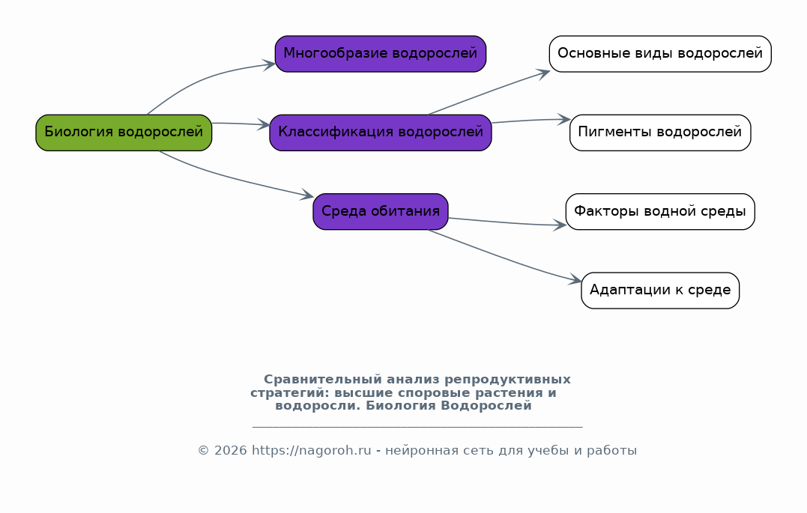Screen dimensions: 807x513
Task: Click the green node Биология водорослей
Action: click(124, 133)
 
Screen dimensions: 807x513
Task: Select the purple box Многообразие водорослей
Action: click(381, 54)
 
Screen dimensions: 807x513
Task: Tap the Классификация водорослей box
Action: click(381, 133)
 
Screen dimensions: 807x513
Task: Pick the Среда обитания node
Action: click(381, 211)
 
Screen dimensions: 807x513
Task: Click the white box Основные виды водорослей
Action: click(660, 54)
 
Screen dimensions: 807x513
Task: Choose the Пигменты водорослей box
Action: click(660, 133)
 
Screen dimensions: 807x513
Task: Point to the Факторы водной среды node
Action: click(660, 211)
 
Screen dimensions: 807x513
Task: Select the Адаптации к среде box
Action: click(660, 291)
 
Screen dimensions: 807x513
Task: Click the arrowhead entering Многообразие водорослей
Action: click(270, 64)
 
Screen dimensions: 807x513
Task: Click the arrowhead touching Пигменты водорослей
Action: click(564, 120)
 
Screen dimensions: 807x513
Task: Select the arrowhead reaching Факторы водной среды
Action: click(560, 225)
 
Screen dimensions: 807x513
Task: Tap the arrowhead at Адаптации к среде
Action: click(575, 279)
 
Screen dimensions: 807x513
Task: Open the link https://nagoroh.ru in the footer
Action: click(312, 451)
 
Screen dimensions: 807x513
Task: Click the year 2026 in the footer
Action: click(231, 451)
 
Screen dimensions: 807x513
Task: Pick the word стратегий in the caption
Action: click(290, 393)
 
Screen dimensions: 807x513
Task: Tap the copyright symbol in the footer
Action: click(203, 451)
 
